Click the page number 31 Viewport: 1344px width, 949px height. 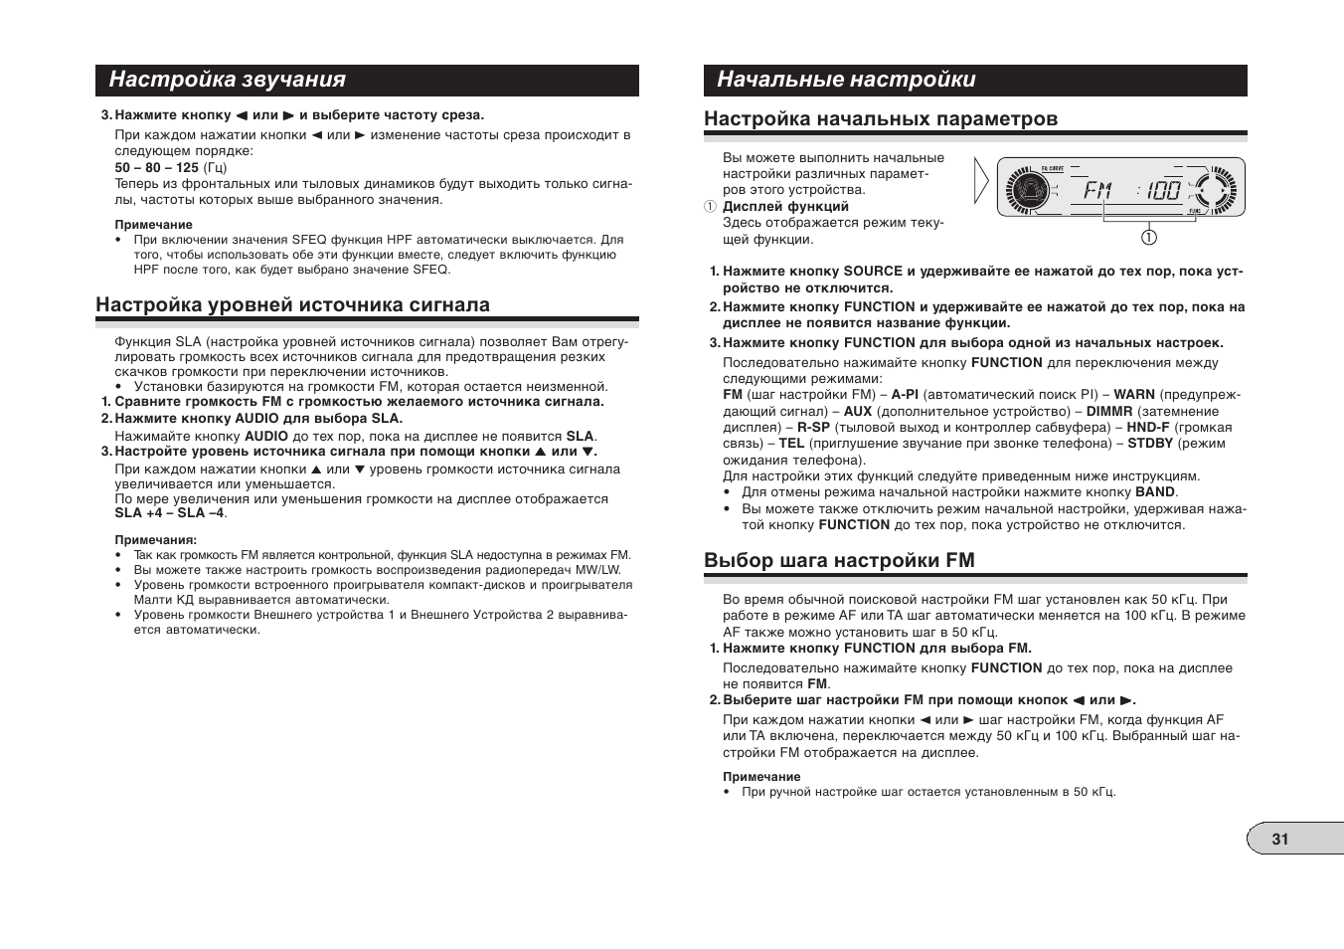tap(1279, 839)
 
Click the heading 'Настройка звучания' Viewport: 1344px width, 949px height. tap(228, 80)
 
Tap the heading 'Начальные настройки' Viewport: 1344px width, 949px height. tap(846, 80)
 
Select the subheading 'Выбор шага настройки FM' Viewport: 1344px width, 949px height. tap(839, 560)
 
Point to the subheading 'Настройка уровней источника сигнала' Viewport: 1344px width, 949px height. tap(292, 304)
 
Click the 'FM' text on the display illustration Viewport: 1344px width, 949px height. tap(1096, 189)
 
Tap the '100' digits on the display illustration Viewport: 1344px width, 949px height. tap(1163, 189)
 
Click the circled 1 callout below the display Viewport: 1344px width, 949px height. tap(1148, 237)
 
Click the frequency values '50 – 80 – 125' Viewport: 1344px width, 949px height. tap(156, 167)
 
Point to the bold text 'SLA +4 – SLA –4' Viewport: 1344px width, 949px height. tap(169, 513)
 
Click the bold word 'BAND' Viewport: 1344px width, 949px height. tap(1155, 491)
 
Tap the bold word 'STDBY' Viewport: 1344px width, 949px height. tap(1149, 443)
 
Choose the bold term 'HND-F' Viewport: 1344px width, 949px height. tap(1147, 427)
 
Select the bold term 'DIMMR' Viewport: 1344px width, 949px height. tap(1108, 411)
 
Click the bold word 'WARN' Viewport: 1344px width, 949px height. tap(1133, 394)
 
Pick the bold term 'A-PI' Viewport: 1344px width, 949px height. tap(904, 394)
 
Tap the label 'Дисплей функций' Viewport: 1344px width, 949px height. tap(785, 207)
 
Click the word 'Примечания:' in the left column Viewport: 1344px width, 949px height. tap(155, 540)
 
